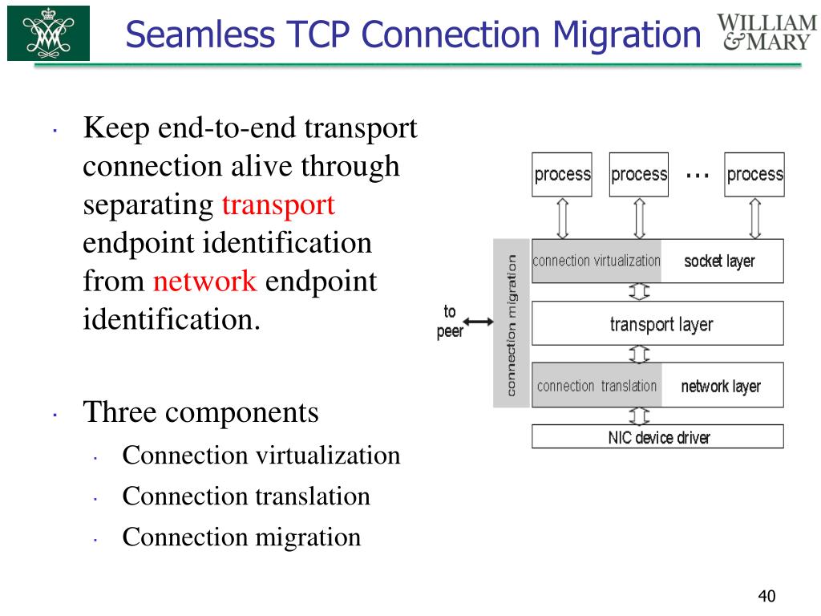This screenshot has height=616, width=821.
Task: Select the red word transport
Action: click(278, 205)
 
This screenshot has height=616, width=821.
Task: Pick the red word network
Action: click(204, 282)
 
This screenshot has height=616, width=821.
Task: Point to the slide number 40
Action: click(767, 596)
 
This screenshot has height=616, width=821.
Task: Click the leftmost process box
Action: click(562, 175)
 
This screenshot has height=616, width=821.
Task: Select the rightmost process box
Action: click(754, 175)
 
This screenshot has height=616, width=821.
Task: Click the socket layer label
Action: click(719, 261)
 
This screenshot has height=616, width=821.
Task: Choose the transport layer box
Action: click(657, 324)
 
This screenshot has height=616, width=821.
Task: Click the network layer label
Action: click(721, 387)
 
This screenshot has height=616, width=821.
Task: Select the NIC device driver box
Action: click(657, 437)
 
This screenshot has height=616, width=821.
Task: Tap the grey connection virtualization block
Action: click(597, 261)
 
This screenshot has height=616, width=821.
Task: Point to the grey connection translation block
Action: click(597, 387)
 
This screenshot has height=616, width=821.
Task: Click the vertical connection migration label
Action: click(511, 324)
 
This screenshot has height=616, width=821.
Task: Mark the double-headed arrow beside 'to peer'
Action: click(479, 322)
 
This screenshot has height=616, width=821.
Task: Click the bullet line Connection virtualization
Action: click(261, 456)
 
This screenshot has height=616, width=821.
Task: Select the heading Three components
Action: click(201, 413)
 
